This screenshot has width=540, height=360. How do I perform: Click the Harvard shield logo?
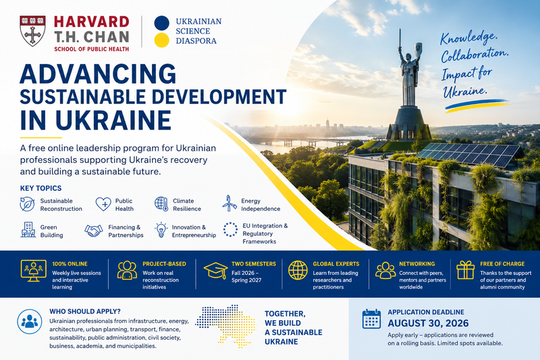tap(32, 31)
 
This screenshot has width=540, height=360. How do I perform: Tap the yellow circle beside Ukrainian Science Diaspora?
tap(161, 40)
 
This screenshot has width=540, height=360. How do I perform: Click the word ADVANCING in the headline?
tap(98, 74)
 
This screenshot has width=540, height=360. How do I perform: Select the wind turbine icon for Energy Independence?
tap(229, 204)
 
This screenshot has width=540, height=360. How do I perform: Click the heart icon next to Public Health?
tap(103, 204)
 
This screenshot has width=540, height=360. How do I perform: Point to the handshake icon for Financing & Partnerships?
tap(94, 230)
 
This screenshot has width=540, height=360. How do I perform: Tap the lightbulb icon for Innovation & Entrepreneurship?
tap(161, 230)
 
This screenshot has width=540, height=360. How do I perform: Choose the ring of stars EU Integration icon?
tap(230, 230)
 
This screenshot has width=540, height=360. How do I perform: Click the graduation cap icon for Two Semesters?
tap(215, 270)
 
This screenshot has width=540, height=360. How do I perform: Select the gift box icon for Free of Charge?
tap(465, 269)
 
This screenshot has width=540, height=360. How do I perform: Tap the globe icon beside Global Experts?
tap(298, 270)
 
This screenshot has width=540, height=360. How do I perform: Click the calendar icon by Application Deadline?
tap(371, 319)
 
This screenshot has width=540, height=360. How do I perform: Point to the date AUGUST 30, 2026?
tap(428, 323)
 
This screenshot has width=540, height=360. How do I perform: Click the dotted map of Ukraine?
tap(225, 325)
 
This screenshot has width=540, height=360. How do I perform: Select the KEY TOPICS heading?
tap(40, 188)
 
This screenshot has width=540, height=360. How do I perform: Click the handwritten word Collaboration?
tap(475, 55)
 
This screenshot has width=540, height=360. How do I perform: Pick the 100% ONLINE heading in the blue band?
tap(70, 264)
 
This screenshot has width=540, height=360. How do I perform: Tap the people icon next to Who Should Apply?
tap(30, 322)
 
